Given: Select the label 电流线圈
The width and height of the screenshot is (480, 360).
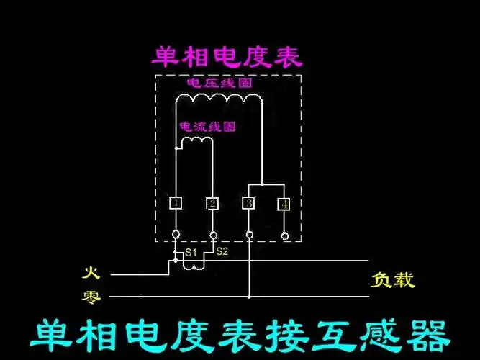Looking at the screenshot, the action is point(208,126).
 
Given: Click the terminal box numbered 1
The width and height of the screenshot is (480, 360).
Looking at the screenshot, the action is point(176,203).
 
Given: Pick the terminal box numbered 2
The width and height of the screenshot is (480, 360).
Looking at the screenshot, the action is point(212,204).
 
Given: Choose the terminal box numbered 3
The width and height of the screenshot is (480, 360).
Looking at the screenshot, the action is point(249,204).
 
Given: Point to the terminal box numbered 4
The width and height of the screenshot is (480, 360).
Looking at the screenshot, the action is point(284,204).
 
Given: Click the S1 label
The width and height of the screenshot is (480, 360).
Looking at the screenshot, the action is point(190,252).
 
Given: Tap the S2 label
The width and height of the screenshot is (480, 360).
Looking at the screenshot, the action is point(222,251).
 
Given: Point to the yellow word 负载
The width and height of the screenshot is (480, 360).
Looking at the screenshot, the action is point(393,279).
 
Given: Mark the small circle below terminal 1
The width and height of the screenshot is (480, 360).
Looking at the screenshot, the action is point(176,235).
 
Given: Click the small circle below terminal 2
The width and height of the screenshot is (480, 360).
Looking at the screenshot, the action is point(212,235).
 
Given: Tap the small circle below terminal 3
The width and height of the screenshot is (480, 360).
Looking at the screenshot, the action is point(249,235).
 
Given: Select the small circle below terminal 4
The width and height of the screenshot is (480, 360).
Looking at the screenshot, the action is point(285,235).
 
